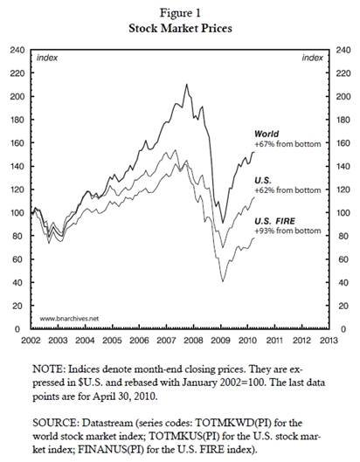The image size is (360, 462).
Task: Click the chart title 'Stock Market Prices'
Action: click(180, 29)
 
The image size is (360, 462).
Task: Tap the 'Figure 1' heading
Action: click(180, 13)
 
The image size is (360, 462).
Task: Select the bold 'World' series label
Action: click(267, 134)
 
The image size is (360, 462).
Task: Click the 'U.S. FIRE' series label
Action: click(274, 221)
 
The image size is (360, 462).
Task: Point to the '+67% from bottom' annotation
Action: click(287, 144)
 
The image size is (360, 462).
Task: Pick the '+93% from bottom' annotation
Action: click(287, 231)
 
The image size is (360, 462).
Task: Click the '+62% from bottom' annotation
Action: click(287, 190)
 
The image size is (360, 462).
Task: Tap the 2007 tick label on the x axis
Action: click(166, 341)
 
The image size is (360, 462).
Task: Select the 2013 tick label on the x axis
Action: click(329, 341)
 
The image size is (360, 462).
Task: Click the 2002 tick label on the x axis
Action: click(31, 341)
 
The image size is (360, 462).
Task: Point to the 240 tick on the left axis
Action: click(17, 50)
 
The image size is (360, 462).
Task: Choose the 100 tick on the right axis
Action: click(343, 213)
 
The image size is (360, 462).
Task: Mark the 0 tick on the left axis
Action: click(17, 329)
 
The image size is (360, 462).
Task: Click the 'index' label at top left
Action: click(47, 58)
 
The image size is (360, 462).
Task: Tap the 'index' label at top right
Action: click(313, 58)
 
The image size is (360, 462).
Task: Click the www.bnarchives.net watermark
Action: click(69, 319)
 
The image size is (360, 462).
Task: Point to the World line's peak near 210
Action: click(187, 85)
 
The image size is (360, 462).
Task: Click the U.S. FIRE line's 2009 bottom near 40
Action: click(223, 281)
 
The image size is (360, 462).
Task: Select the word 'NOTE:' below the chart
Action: click(49, 369)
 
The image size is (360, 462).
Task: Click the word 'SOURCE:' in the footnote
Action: click(56, 423)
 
